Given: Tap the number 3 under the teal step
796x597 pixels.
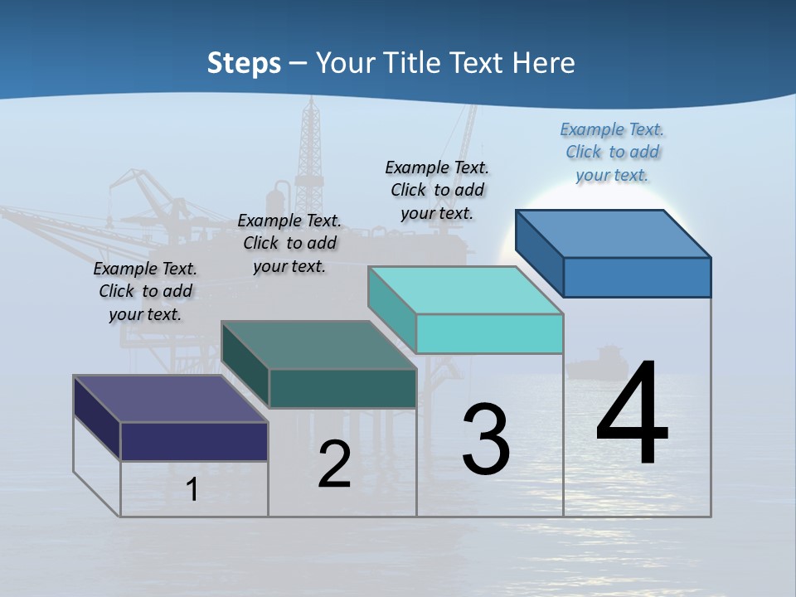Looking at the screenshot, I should tap(486, 439).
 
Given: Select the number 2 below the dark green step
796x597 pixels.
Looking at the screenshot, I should tap(335, 464).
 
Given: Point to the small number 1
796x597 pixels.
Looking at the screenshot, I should tap(192, 489).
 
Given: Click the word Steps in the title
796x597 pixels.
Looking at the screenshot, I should tap(244, 63).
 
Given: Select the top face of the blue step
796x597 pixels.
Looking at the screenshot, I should tap(614, 233).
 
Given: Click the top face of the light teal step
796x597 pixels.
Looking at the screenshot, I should tap(466, 290).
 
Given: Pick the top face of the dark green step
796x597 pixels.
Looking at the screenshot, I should tap(318, 345).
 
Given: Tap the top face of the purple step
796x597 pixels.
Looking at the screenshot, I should tap(171, 399).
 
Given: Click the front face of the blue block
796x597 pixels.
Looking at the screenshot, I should tap(637, 277).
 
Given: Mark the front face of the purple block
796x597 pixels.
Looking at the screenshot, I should tap(194, 441).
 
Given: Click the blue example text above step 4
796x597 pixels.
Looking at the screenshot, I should tap(612, 153).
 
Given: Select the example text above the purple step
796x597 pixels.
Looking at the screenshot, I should tap(145, 291).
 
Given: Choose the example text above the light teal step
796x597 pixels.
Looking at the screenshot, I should tap(437, 190).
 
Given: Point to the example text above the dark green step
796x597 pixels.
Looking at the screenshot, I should tap(289, 243).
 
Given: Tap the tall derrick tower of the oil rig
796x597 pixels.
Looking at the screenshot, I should tap(310, 149).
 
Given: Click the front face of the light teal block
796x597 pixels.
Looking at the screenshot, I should tap(489, 334).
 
